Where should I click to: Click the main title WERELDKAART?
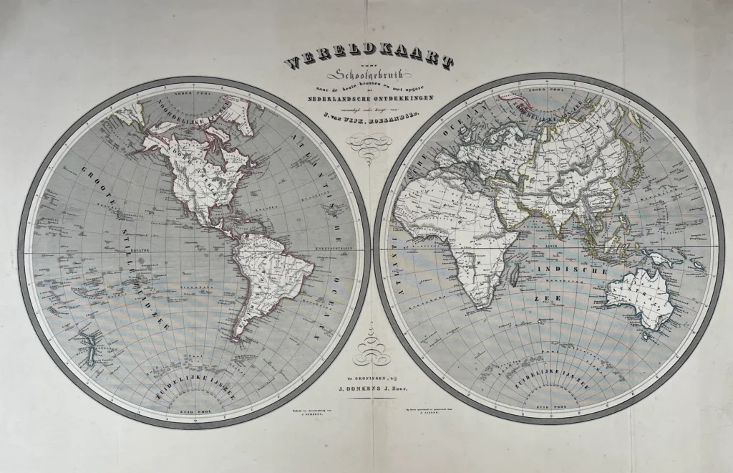click(367, 60)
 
